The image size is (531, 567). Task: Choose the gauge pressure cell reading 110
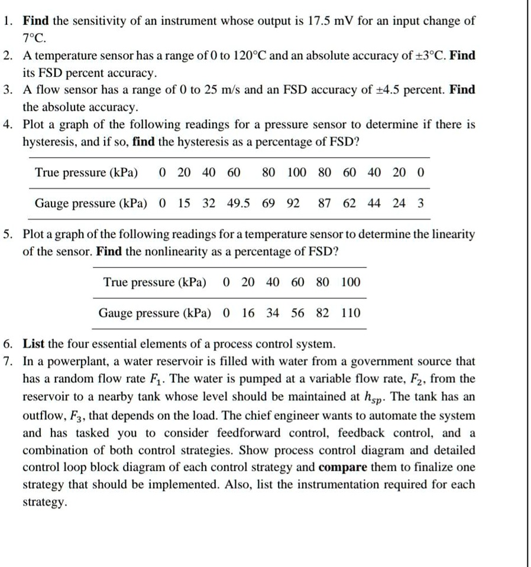pos(351,312)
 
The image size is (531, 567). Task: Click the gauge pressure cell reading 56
pos(298,312)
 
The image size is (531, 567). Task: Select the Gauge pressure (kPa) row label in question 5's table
pos(155,312)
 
